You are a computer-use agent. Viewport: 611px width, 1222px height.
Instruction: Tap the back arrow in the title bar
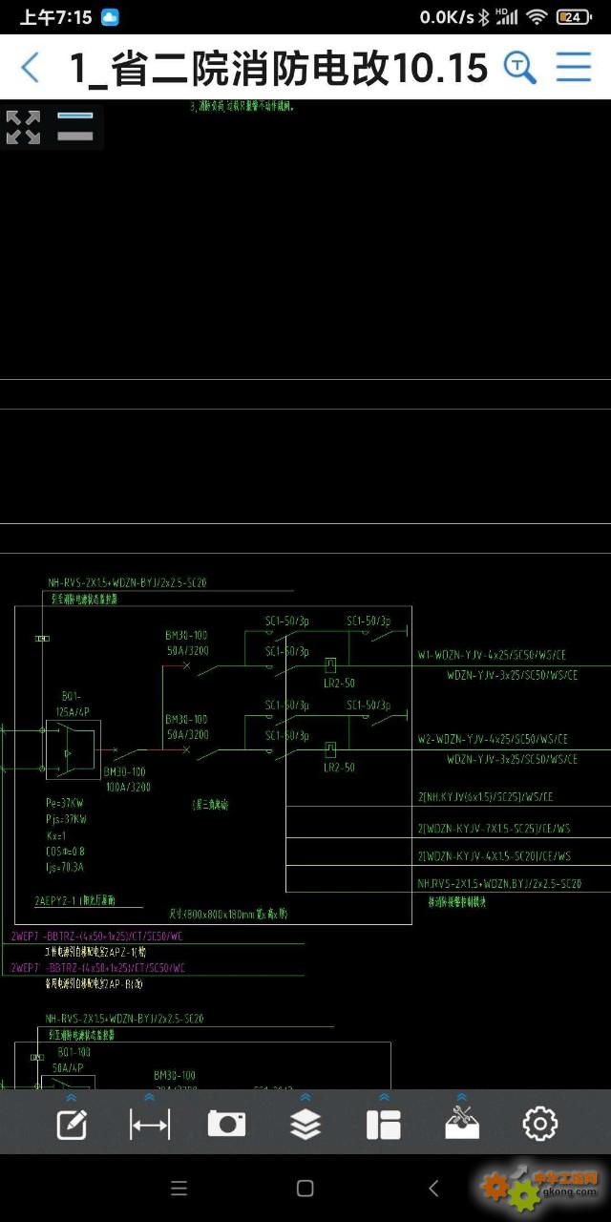[31, 68]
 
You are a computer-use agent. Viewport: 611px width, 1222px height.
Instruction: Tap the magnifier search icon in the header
[519, 68]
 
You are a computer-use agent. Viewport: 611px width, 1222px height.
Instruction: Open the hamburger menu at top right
[574, 67]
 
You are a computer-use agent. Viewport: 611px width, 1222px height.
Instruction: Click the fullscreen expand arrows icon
[23, 127]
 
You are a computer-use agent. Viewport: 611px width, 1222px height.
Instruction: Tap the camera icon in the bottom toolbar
[226, 1124]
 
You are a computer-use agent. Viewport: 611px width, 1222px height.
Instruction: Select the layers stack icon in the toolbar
[305, 1124]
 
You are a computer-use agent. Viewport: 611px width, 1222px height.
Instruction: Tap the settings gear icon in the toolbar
[540, 1124]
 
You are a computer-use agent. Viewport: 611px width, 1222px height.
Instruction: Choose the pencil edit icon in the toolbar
[72, 1124]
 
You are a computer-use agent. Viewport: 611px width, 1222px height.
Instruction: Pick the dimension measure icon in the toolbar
[150, 1124]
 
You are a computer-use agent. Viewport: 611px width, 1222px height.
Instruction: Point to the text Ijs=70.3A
[65, 867]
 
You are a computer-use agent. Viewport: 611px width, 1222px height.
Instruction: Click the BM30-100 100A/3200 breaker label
[126, 779]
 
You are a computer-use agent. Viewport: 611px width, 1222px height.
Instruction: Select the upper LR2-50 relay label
[339, 684]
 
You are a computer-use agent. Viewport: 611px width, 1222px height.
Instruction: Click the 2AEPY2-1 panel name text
[74, 900]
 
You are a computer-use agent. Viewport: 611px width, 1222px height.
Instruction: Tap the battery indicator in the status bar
[573, 17]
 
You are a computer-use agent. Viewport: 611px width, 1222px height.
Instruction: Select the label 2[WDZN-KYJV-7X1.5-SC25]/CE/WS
[495, 829]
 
